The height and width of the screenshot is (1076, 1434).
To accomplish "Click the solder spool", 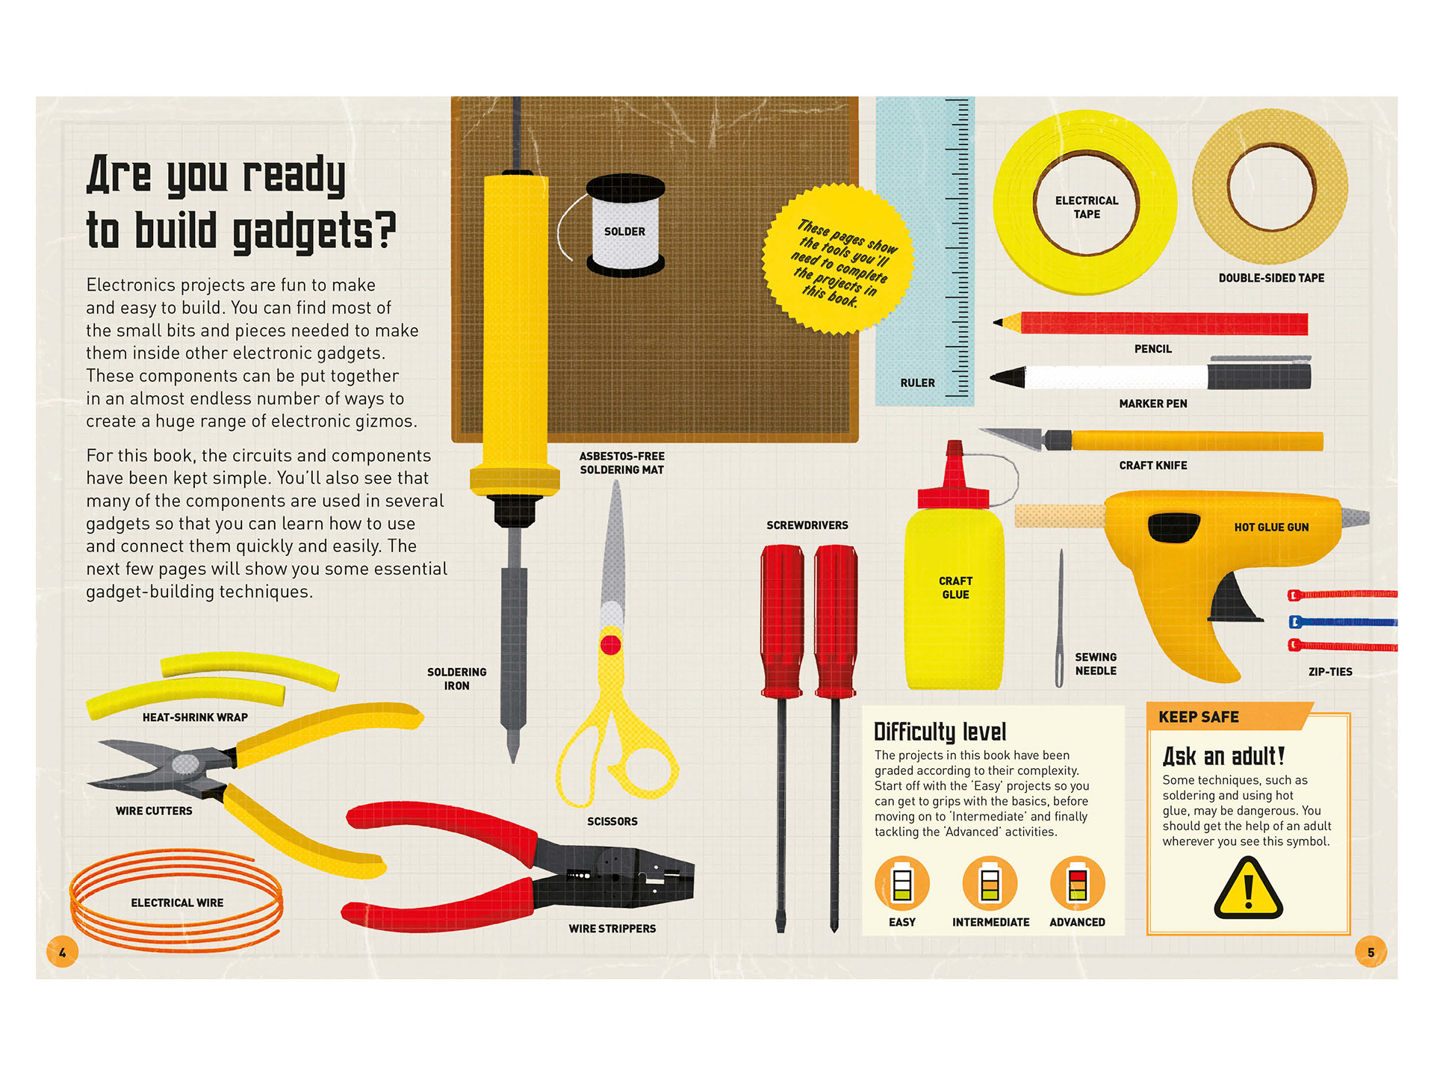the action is [625, 226].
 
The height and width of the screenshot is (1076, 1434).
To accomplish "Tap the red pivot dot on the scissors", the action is [610, 645].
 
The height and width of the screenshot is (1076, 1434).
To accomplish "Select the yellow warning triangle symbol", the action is [1248, 888].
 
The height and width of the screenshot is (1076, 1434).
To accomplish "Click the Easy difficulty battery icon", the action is [902, 883].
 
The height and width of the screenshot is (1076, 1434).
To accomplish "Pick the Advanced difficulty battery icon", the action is [1078, 883].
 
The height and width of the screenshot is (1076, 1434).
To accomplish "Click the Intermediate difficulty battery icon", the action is [990, 883].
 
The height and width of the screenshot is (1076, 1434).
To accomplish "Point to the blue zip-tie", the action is [1343, 622].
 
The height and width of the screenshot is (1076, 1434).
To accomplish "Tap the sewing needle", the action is [1060, 618].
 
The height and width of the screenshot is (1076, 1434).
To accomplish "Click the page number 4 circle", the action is [63, 952].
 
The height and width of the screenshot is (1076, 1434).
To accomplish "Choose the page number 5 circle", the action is [1371, 952].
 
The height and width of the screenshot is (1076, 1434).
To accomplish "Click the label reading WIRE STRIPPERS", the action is [612, 929].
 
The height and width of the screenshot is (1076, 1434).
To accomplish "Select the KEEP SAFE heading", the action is [1199, 717].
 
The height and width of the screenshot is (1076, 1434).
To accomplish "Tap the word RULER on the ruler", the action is [918, 383].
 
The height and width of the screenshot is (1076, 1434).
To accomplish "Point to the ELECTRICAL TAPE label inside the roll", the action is [1087, 208].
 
